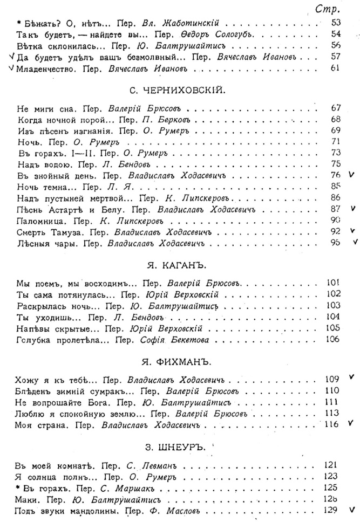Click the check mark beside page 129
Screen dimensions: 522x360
352,508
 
